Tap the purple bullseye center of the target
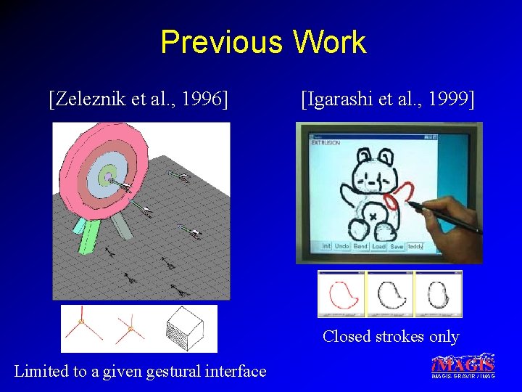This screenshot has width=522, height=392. coord(107,176)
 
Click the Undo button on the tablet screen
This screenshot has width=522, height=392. coord(341,246)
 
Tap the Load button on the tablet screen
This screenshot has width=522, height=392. coord(378,246)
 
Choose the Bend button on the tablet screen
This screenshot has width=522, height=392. coord(360,246)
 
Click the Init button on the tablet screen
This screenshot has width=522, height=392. coord(326,246)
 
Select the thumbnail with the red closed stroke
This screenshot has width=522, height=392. coord(341,294)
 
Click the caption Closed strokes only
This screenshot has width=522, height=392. coord(391,336)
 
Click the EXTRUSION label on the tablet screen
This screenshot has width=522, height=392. coord(326,143)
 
